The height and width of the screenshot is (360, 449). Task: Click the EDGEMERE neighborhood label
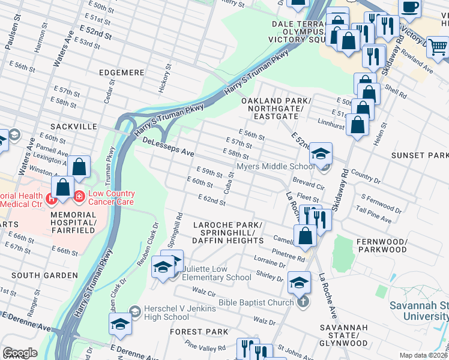119,73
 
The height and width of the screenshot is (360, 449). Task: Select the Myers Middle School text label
275,166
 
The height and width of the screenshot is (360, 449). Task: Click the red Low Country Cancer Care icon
79,194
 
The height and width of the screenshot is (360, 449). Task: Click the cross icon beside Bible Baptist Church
303,302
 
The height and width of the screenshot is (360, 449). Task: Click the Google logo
20,353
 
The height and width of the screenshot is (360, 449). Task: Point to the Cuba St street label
228,183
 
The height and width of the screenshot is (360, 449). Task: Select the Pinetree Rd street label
289,253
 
